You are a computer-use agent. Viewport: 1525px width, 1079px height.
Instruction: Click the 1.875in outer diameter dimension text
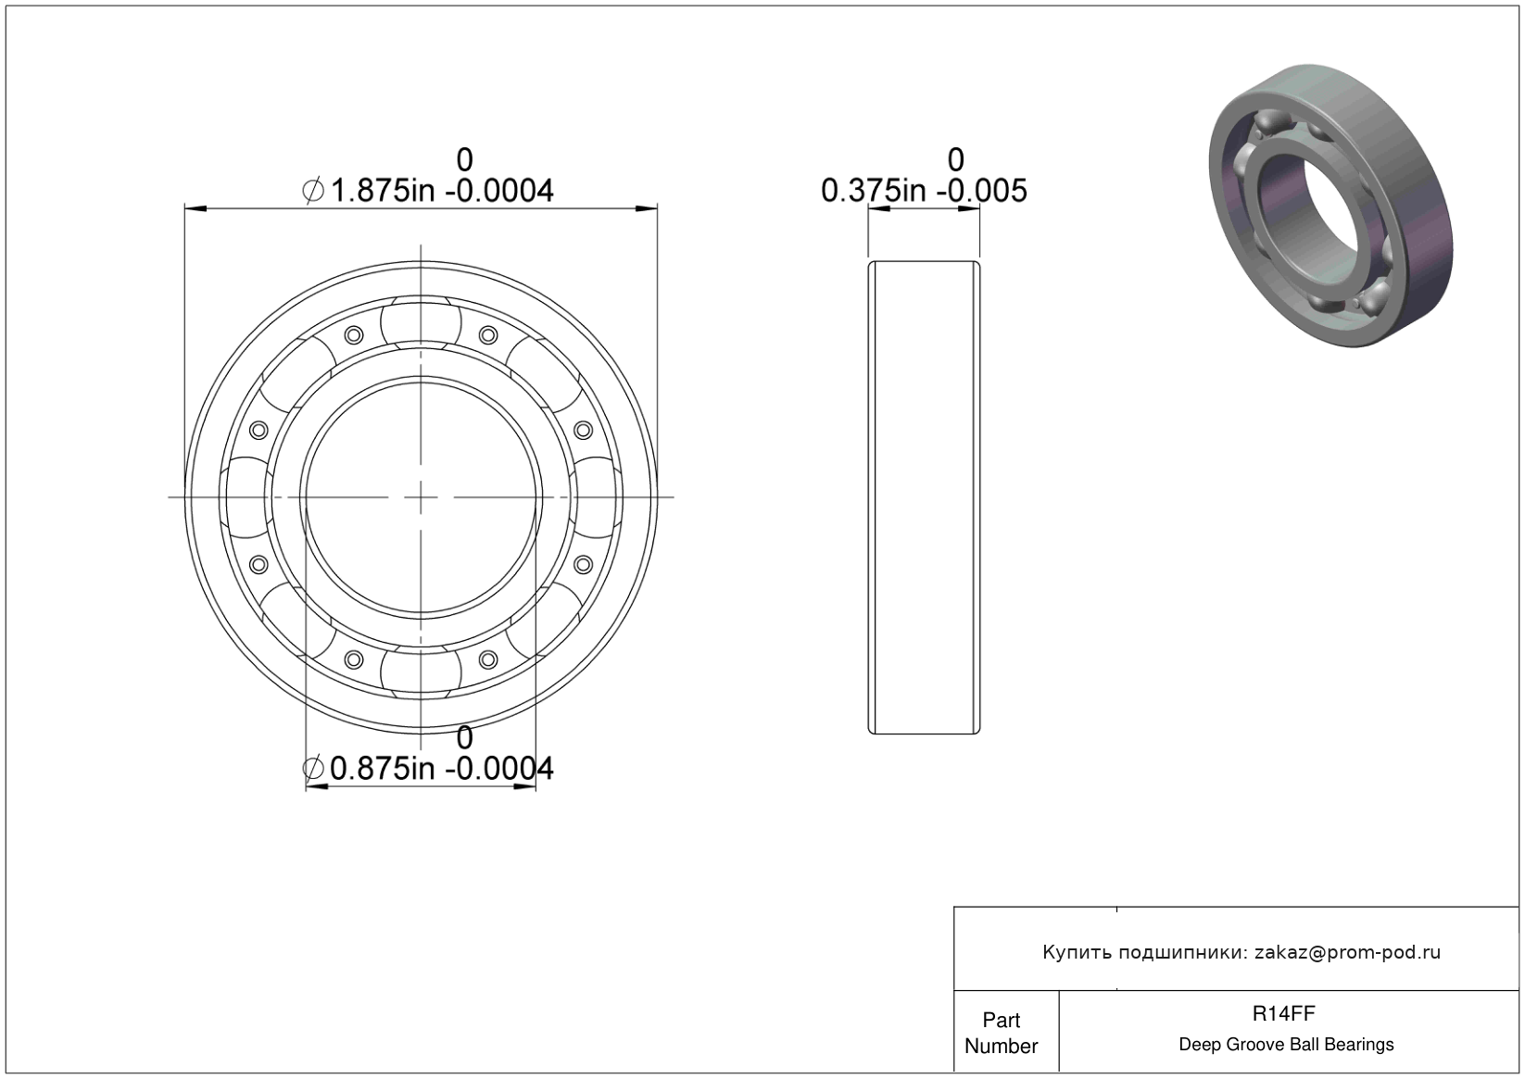click(427, 176)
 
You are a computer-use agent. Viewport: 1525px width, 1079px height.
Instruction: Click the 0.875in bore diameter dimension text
click(427, 754)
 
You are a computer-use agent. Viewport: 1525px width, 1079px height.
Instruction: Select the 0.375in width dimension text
click(924, 176)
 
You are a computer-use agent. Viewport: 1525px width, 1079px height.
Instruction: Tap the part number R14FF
click(1284, 1013)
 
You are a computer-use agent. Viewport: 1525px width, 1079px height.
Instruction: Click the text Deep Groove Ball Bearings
click(1286, 1045)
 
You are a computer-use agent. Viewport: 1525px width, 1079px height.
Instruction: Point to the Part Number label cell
click(1001, 1033)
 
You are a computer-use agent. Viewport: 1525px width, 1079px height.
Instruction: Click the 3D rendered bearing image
click(1330, 206)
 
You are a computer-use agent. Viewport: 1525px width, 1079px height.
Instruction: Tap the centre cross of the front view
click(421, 497)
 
